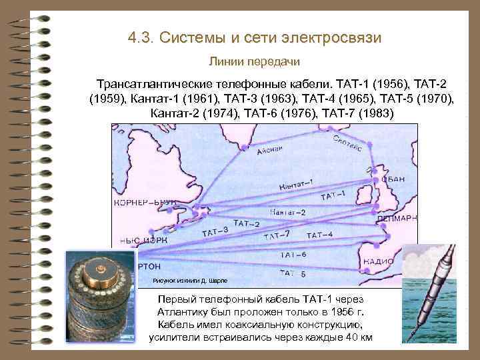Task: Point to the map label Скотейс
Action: (347, 143)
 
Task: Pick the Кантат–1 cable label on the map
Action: (297, 183)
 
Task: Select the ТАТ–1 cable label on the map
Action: (333, 195)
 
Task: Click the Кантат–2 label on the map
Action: (288, 212)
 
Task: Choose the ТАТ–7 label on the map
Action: (277, 235)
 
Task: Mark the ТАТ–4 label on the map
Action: (319, 235)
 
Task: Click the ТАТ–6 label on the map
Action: (293, 255)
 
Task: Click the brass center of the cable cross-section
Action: (101, 269)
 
